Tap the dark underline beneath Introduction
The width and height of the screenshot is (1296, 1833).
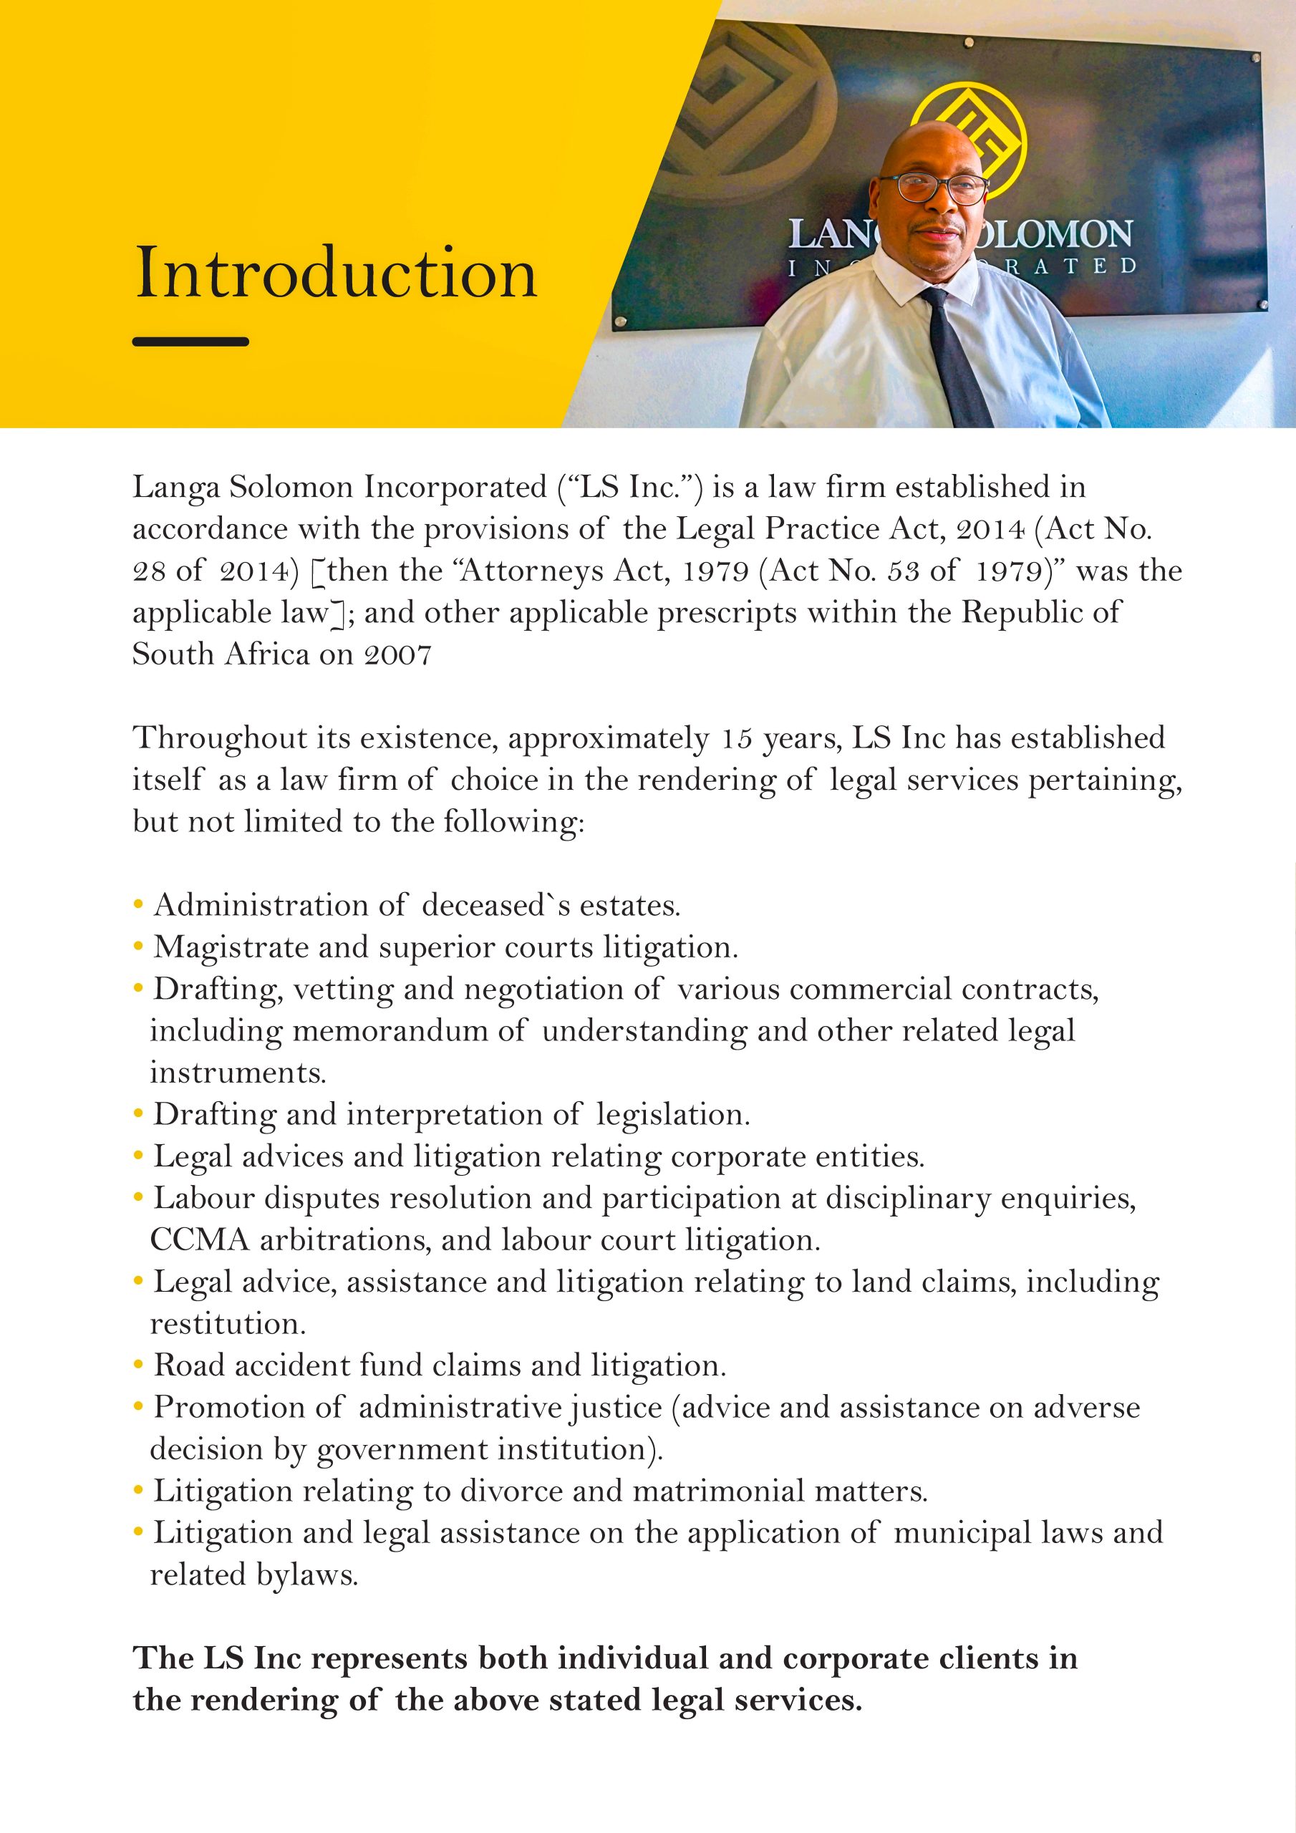click(x=191, y=342)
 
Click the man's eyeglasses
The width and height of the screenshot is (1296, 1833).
click(x=942, y=188)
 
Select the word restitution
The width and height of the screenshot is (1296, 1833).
click(x=228, y=1324)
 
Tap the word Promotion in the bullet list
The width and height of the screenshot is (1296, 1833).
click(x=229, y=1408)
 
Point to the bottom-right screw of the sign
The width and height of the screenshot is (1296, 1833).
click(x=1262, y=304)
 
